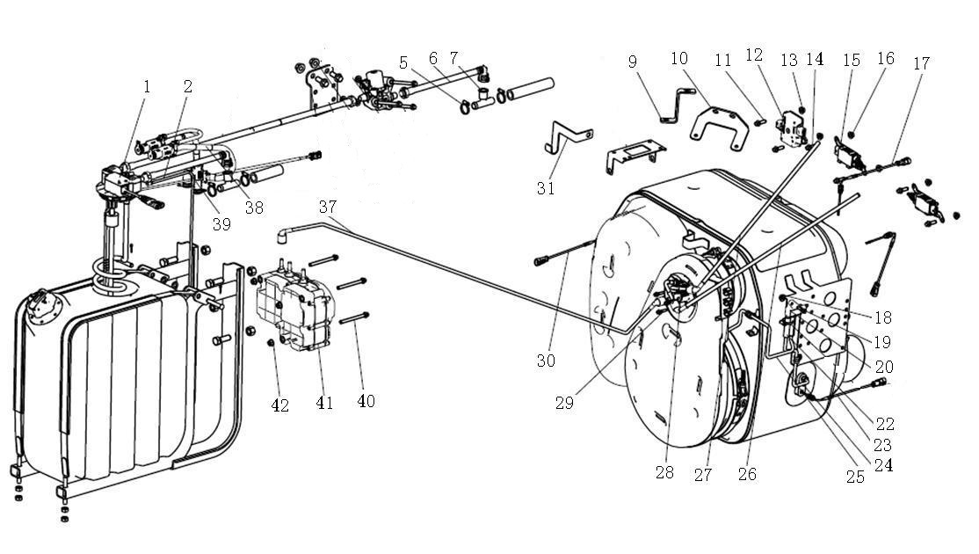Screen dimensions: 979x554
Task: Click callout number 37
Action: (x=328, y=206)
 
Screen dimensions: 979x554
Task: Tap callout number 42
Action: (x=279, y=406)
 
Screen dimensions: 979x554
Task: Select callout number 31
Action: (x=545, y=188)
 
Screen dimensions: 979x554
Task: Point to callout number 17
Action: (x=921, y=63)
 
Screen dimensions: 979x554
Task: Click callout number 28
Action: (x=664, y=473)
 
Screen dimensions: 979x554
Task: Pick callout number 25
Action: (x=855, y=477)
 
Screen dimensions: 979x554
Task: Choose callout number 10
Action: (x=678, y=59)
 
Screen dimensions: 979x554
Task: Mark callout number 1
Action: (x=147, y=86)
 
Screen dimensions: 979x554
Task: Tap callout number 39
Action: (x=221, y=224)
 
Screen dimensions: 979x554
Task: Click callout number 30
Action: (x=546, y=361)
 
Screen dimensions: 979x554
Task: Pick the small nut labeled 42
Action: (x=271, y=343)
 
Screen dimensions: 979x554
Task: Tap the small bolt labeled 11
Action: (x=759, y=122)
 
